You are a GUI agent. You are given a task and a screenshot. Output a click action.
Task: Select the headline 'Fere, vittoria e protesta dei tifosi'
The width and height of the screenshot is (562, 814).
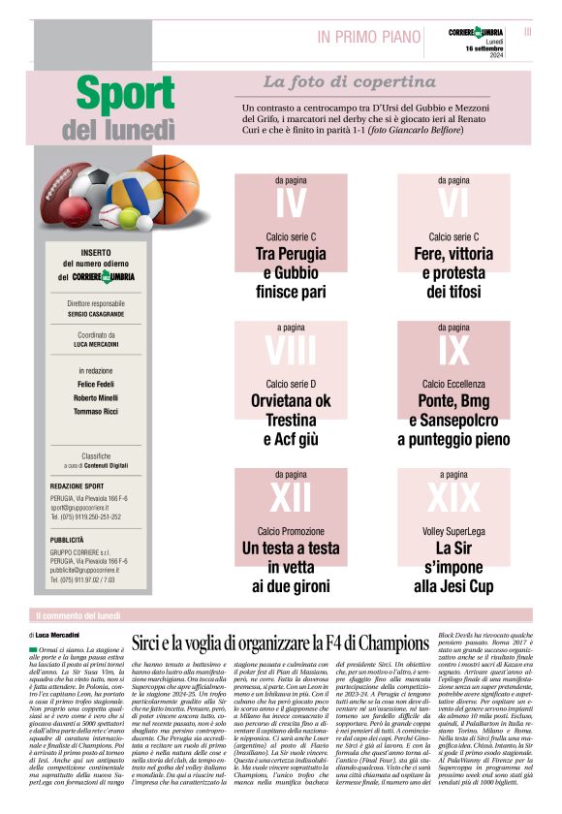pyautogui.click(x=453, y=272)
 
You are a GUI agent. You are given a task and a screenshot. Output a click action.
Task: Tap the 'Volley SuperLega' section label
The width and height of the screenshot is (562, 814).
pyautogui.click(x=453, y=532)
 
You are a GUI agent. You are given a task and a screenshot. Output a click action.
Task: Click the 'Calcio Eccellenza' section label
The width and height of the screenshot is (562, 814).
pyautogui.click(x=453, y=384)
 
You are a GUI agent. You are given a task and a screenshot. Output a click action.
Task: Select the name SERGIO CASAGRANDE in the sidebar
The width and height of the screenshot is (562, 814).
pyautogui.click(x=96, y=314)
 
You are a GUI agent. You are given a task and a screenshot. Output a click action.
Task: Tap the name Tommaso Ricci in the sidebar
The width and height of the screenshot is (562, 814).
pyautogui.click(x=96, y=411)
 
